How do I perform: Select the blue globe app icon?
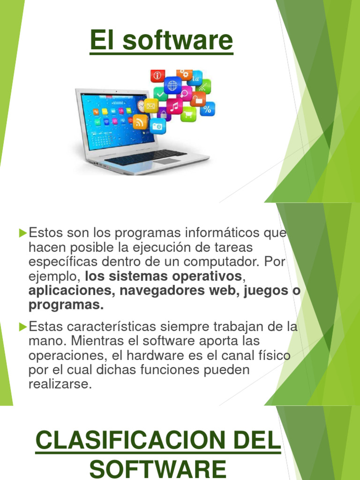coord(172,85)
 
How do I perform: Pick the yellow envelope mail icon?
coord(151,105)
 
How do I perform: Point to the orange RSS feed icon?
coord(140,121)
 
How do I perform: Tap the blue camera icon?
coord(157,126)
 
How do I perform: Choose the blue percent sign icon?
coord(207,109)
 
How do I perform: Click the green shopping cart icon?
coord(188,113)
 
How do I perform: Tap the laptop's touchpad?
coord(167,161)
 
